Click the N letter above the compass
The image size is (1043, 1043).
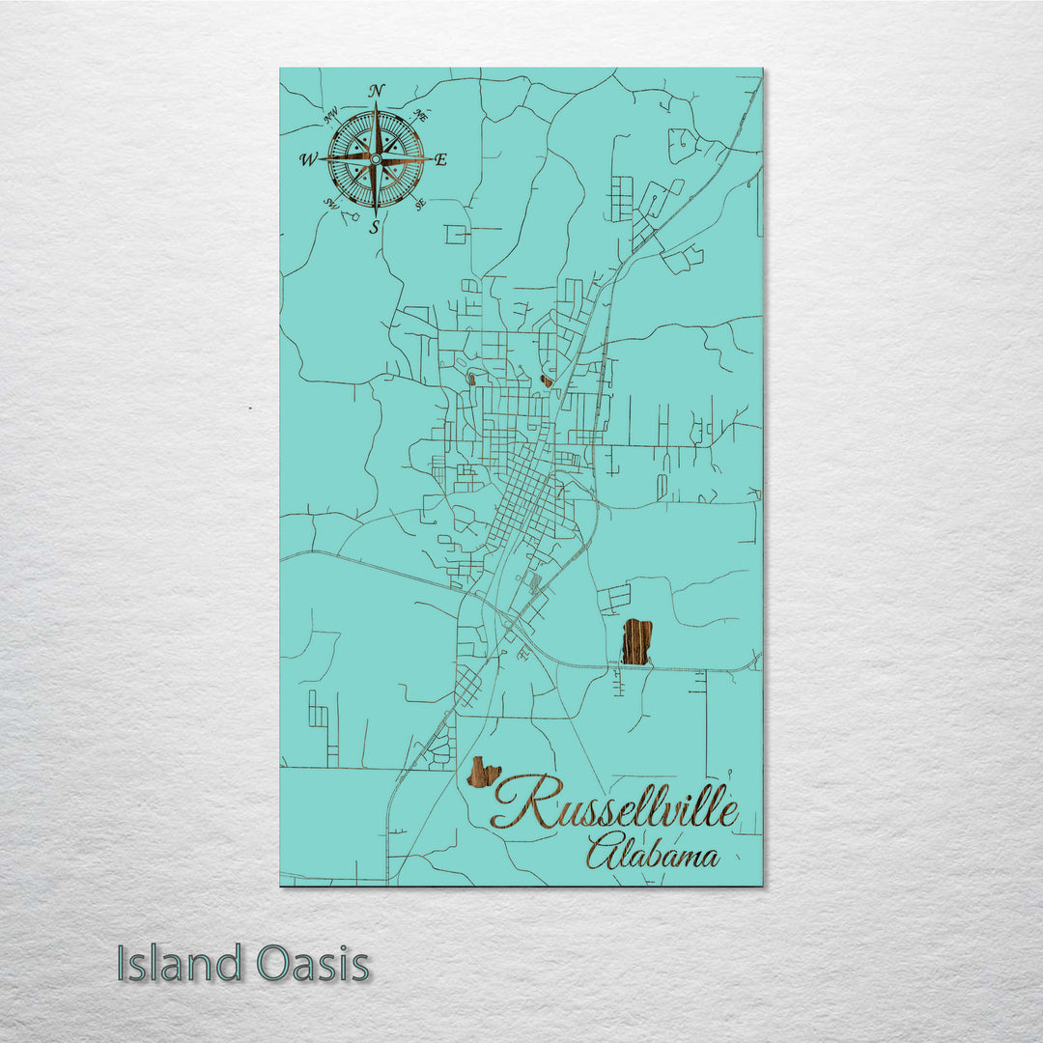coord(377,91)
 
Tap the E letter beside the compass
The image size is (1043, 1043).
coord(440,160)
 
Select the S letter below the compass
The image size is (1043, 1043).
coord(375,228)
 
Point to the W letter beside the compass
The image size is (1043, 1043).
coord(308,159)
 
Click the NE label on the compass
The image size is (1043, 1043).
coord(420,116)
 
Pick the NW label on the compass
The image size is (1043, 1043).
coord(331,118)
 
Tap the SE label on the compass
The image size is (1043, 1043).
coord(420,204)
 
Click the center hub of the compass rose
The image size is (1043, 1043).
coord(376,159)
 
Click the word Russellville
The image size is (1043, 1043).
coord(615,809)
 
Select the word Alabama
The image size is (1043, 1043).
coord(653,855)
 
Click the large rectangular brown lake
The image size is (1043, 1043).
coord(635,642)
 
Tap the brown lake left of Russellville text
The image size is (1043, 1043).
coord(483,773)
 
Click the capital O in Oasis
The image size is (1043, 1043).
coord(274,964)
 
